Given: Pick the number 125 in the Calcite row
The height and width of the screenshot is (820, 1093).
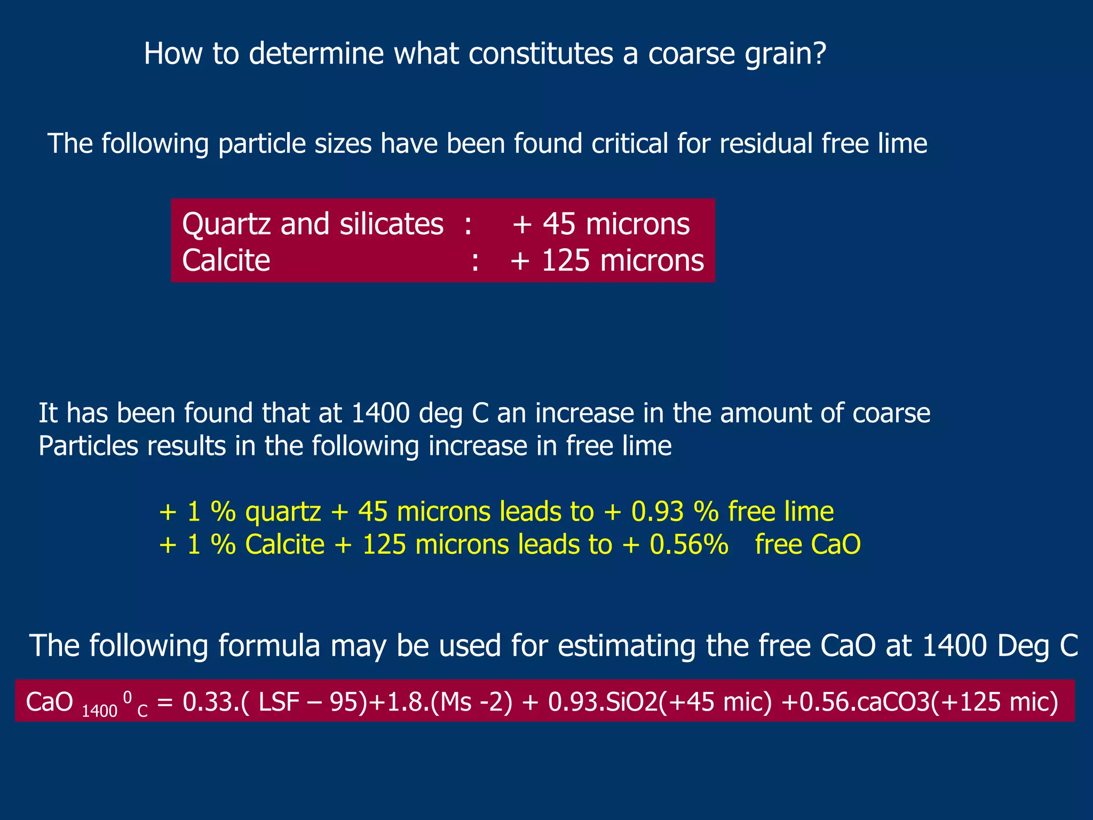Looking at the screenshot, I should click(x=565, y=261).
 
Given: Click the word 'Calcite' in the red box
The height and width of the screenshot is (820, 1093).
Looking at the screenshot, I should click(x=226, y=261).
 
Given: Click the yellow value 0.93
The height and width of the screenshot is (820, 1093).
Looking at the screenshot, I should click(x=657, y=511).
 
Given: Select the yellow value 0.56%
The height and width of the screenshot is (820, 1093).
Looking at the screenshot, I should click(x=689, y=545).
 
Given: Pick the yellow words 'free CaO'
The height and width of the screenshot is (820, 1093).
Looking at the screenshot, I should click(x=807, y=545).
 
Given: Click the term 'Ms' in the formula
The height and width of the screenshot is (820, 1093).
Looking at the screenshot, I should click(x=454, y=701).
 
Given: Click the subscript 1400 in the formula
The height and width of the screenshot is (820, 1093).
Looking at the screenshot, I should click(x=99, y=711).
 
